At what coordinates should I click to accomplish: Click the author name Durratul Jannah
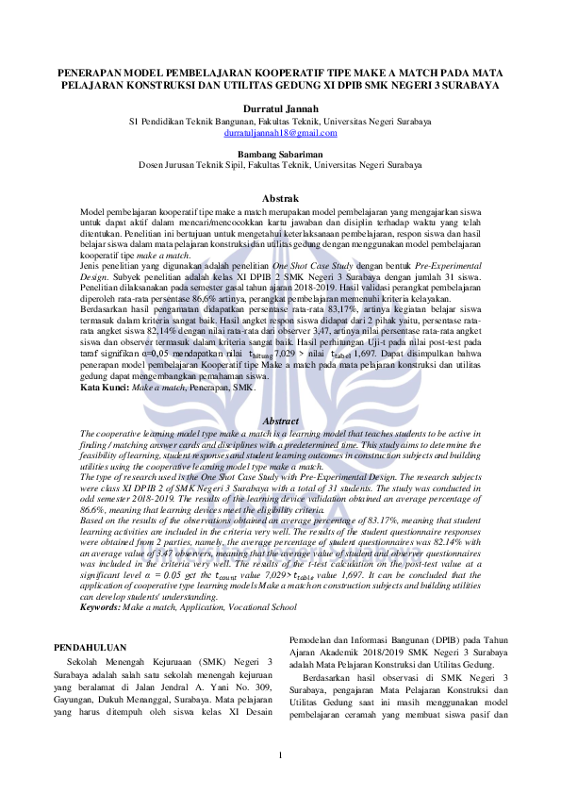[280, 109]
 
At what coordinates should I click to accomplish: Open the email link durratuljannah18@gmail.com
[280, 134]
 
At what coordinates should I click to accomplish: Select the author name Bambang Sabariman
[280, 152]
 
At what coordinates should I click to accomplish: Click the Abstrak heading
[280, 199]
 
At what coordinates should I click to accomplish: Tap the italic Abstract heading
[280, 421]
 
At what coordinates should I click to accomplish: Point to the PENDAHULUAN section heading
[91, 648]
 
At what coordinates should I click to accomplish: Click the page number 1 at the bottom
[280, 759]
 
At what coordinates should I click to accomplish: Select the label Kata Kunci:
[104, 388]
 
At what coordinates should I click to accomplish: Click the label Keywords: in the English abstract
[101, 608]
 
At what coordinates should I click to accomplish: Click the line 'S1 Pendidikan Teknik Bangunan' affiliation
[280, 122]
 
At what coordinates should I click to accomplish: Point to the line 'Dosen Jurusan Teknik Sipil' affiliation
[280, 164]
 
